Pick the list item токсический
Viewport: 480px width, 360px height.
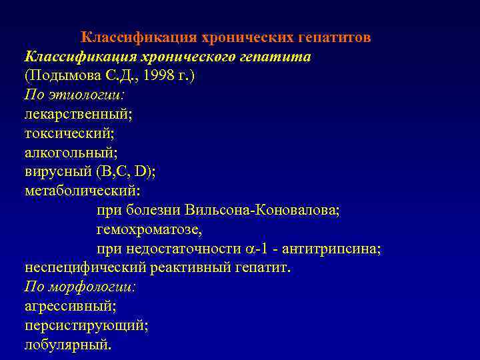69,133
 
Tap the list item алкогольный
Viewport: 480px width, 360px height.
71,153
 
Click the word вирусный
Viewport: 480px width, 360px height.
57,172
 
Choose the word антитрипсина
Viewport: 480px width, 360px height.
331,249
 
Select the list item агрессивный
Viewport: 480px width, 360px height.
69,307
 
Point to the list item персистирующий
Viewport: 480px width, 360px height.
85,326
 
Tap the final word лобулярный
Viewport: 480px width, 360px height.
67,345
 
